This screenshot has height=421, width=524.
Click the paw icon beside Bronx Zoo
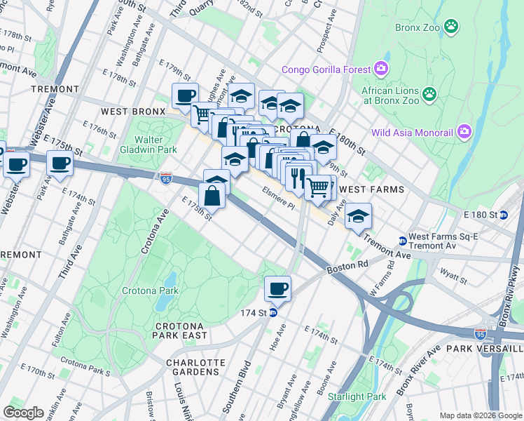[x=454, y=27]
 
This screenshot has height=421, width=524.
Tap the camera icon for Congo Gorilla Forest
[x=381, y=69]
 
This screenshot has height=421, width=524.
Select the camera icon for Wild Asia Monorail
[x=463, y=131]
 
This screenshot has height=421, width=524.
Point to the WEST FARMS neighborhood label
[x=371, y=189]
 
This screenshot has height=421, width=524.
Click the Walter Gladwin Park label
[x=149, y=145]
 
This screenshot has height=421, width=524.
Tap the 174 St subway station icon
[x=273, y=312]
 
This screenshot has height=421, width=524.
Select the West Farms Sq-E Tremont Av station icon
[x=402, y=241]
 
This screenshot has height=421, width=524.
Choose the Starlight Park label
[x=357, y=396]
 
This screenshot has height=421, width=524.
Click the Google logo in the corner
[x=23, y=412]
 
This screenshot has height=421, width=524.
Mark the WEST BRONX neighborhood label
[x=132, y=112]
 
